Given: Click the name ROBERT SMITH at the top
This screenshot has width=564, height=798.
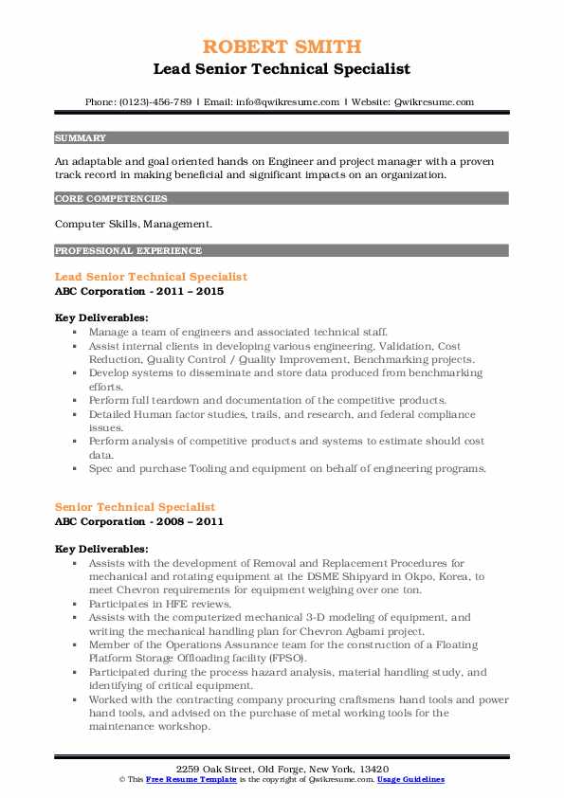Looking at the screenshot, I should tap(282, 46).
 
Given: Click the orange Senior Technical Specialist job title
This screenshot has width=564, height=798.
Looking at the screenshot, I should tap(135, 507).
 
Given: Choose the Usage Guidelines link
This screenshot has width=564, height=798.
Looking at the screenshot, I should tap(410, 778).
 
